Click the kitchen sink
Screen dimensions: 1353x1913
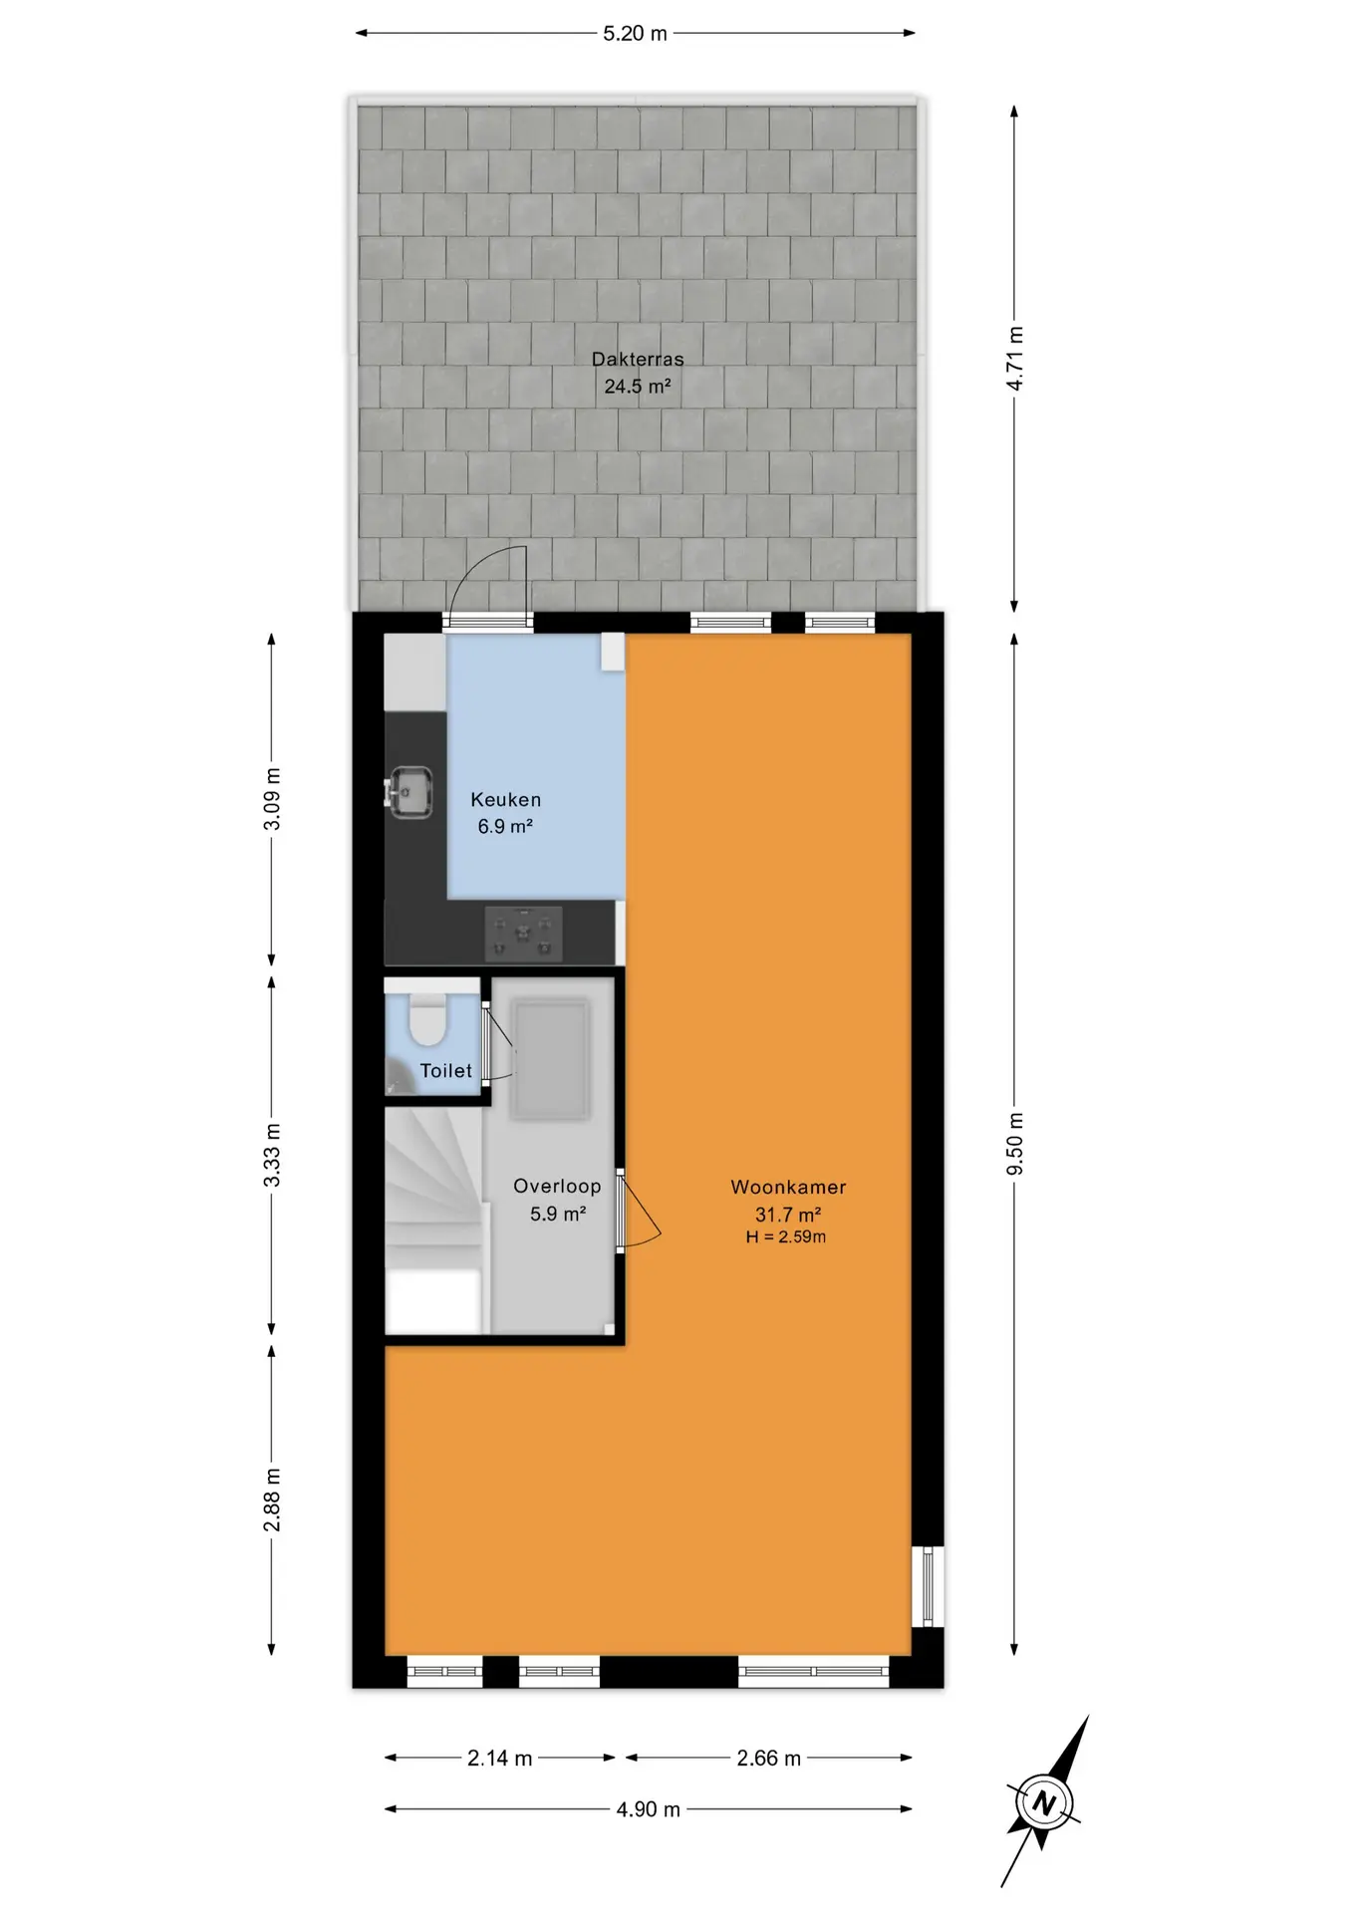408,792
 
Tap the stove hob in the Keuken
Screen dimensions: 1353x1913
523,934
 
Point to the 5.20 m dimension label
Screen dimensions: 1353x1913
635,34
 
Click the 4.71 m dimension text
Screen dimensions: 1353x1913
1014,359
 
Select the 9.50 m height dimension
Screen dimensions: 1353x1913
1014,1143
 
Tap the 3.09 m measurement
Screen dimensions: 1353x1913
272,799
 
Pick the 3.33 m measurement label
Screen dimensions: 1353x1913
272,1156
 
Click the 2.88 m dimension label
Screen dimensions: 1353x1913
272,1501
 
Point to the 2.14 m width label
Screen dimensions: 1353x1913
500,1759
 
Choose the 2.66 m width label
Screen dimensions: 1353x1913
768,1759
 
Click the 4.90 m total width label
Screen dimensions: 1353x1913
648,1809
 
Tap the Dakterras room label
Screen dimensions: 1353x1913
638,359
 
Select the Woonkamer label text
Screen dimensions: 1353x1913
788,1187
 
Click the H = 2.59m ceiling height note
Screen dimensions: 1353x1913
786,1237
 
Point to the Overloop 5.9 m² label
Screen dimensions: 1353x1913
557,1200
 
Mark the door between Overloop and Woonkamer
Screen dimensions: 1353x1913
639,1211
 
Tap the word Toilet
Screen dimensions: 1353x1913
446,1071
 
